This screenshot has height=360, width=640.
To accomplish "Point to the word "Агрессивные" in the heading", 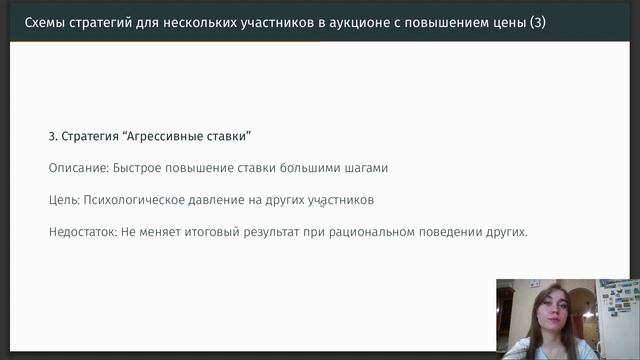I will pyautogui.click(x=164, y=135).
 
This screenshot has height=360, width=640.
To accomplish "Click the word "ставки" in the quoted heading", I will pyautogui.click(x=228, y=135).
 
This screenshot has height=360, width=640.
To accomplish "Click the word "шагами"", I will pyautogui.click(x=364, y=168).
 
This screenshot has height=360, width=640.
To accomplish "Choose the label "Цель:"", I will pyautogui.click(x=63, y=200).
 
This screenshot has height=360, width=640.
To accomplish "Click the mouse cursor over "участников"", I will pyautogui.click(x=322, y=203).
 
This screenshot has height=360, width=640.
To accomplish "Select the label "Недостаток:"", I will pyautogui.click(x=83, y=232).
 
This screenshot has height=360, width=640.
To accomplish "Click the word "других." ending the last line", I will pyautogui.click(x=505, y=232).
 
